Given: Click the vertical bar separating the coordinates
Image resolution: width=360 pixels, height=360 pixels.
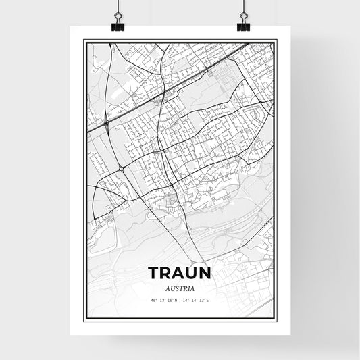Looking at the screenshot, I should tap(180, 299).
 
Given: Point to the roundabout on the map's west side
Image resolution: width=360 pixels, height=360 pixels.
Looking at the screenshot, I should tap(120, 169).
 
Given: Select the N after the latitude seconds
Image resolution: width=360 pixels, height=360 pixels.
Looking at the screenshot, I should tap(176, 299).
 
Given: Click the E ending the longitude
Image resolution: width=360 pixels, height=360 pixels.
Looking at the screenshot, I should tap(208, 299).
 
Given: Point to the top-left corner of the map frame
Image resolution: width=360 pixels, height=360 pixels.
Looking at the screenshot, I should tap(84, 41).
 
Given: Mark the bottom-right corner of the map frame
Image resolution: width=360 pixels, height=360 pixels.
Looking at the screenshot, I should tap(276, 319).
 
